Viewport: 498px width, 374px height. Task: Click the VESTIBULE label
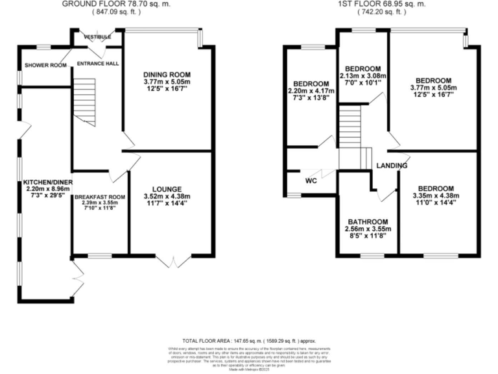tap(97, 37)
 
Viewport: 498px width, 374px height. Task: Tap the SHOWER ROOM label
tap(46, 66)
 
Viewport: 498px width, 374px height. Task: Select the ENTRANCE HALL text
tap(97, 64)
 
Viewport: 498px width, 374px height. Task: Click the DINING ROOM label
tap(168, 75)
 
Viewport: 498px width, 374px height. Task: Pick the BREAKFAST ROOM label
tap(99, 197)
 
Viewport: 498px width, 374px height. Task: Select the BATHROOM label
tap(368, 221)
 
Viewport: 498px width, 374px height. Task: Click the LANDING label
tap(392, 166)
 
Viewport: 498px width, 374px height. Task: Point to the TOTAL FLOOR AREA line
tap(249, 340)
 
